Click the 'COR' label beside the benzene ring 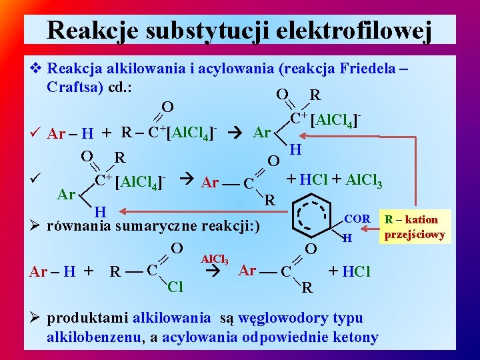357,218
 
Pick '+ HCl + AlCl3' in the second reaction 333,179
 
